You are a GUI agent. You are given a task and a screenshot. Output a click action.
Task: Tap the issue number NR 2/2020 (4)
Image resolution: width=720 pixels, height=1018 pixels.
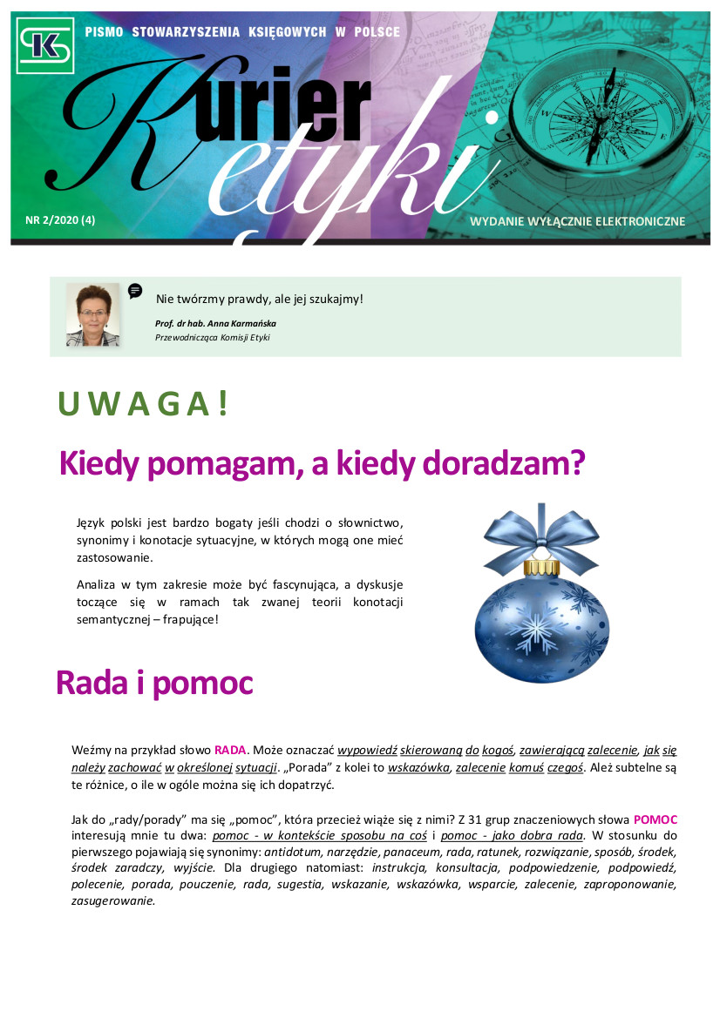point(60,220)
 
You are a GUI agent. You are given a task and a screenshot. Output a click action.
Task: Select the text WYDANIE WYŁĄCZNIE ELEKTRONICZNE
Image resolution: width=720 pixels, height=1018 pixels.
point(577,221)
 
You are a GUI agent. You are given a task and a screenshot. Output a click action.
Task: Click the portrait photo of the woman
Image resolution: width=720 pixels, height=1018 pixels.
point(92,314)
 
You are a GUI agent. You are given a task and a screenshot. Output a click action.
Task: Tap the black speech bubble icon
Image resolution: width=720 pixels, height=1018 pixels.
point(135,291)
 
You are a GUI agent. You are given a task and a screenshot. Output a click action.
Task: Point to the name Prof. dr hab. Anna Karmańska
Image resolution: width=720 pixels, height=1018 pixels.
point(215,323)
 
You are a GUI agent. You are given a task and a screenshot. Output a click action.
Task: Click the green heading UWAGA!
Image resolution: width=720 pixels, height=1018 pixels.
point(143,405)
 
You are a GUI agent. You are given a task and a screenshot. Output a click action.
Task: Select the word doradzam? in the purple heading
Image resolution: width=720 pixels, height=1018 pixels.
point(503,463)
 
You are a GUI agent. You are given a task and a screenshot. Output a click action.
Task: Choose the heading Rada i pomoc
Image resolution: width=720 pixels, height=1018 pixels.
point(154,684)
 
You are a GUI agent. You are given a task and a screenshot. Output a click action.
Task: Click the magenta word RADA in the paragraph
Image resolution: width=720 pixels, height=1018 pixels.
point(231,750)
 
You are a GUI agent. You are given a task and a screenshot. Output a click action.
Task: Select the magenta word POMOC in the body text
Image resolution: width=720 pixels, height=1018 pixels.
point(655,819)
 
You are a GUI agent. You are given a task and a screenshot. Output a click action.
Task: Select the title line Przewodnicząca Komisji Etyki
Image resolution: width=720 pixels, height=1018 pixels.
point(212,337)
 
